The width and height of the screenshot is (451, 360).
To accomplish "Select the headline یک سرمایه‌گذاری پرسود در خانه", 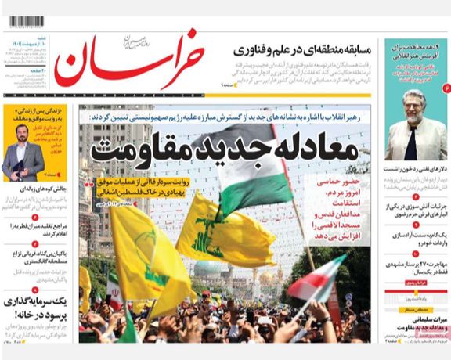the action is (39, 308).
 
